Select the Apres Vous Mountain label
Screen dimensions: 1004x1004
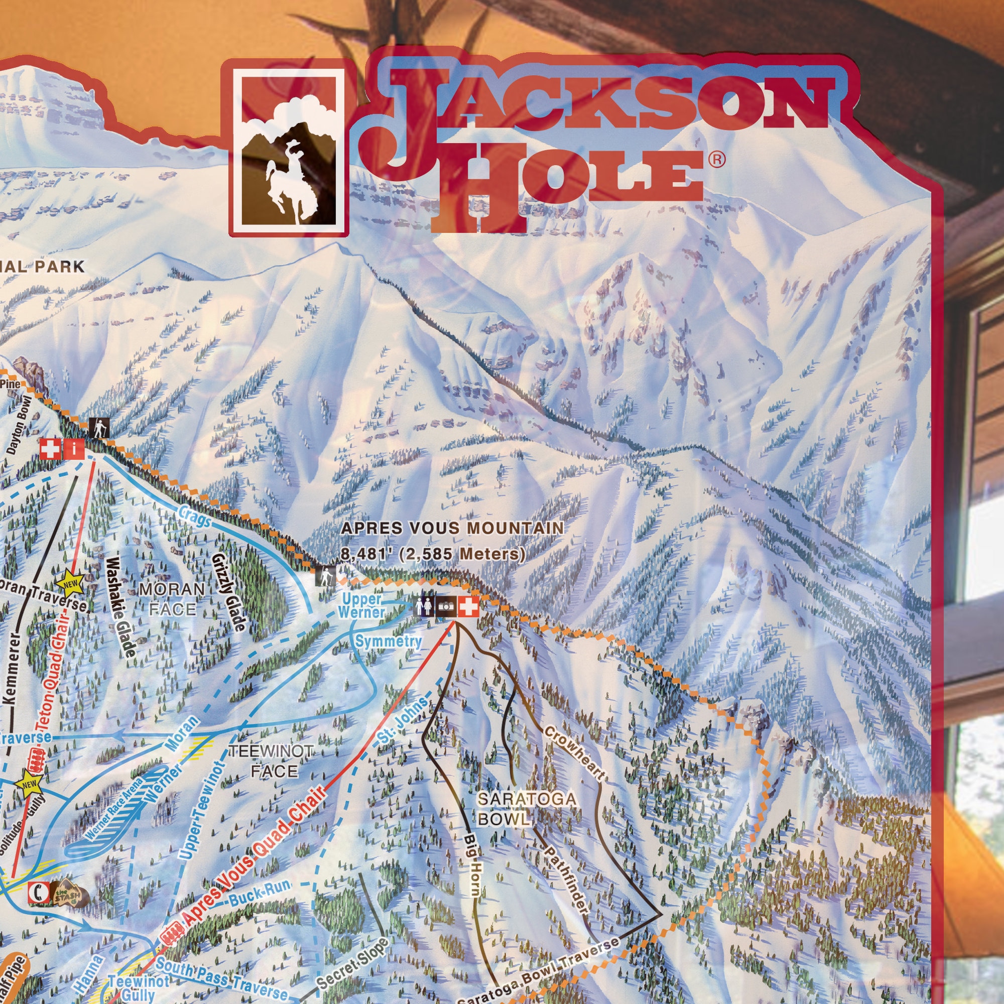(452, 529)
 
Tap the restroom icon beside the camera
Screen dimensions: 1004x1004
(424, 606)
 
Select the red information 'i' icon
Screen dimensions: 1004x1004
(74, 449)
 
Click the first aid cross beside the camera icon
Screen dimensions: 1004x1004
(468, 606)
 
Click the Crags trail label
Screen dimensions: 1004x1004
(195, 516)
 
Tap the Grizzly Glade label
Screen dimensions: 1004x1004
(228, 592)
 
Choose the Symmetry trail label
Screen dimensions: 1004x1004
(388, 641)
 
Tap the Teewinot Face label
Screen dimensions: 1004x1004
(272, 761)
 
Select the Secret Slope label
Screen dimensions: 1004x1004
(352, 964)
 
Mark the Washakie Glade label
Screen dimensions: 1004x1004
(121, 607)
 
